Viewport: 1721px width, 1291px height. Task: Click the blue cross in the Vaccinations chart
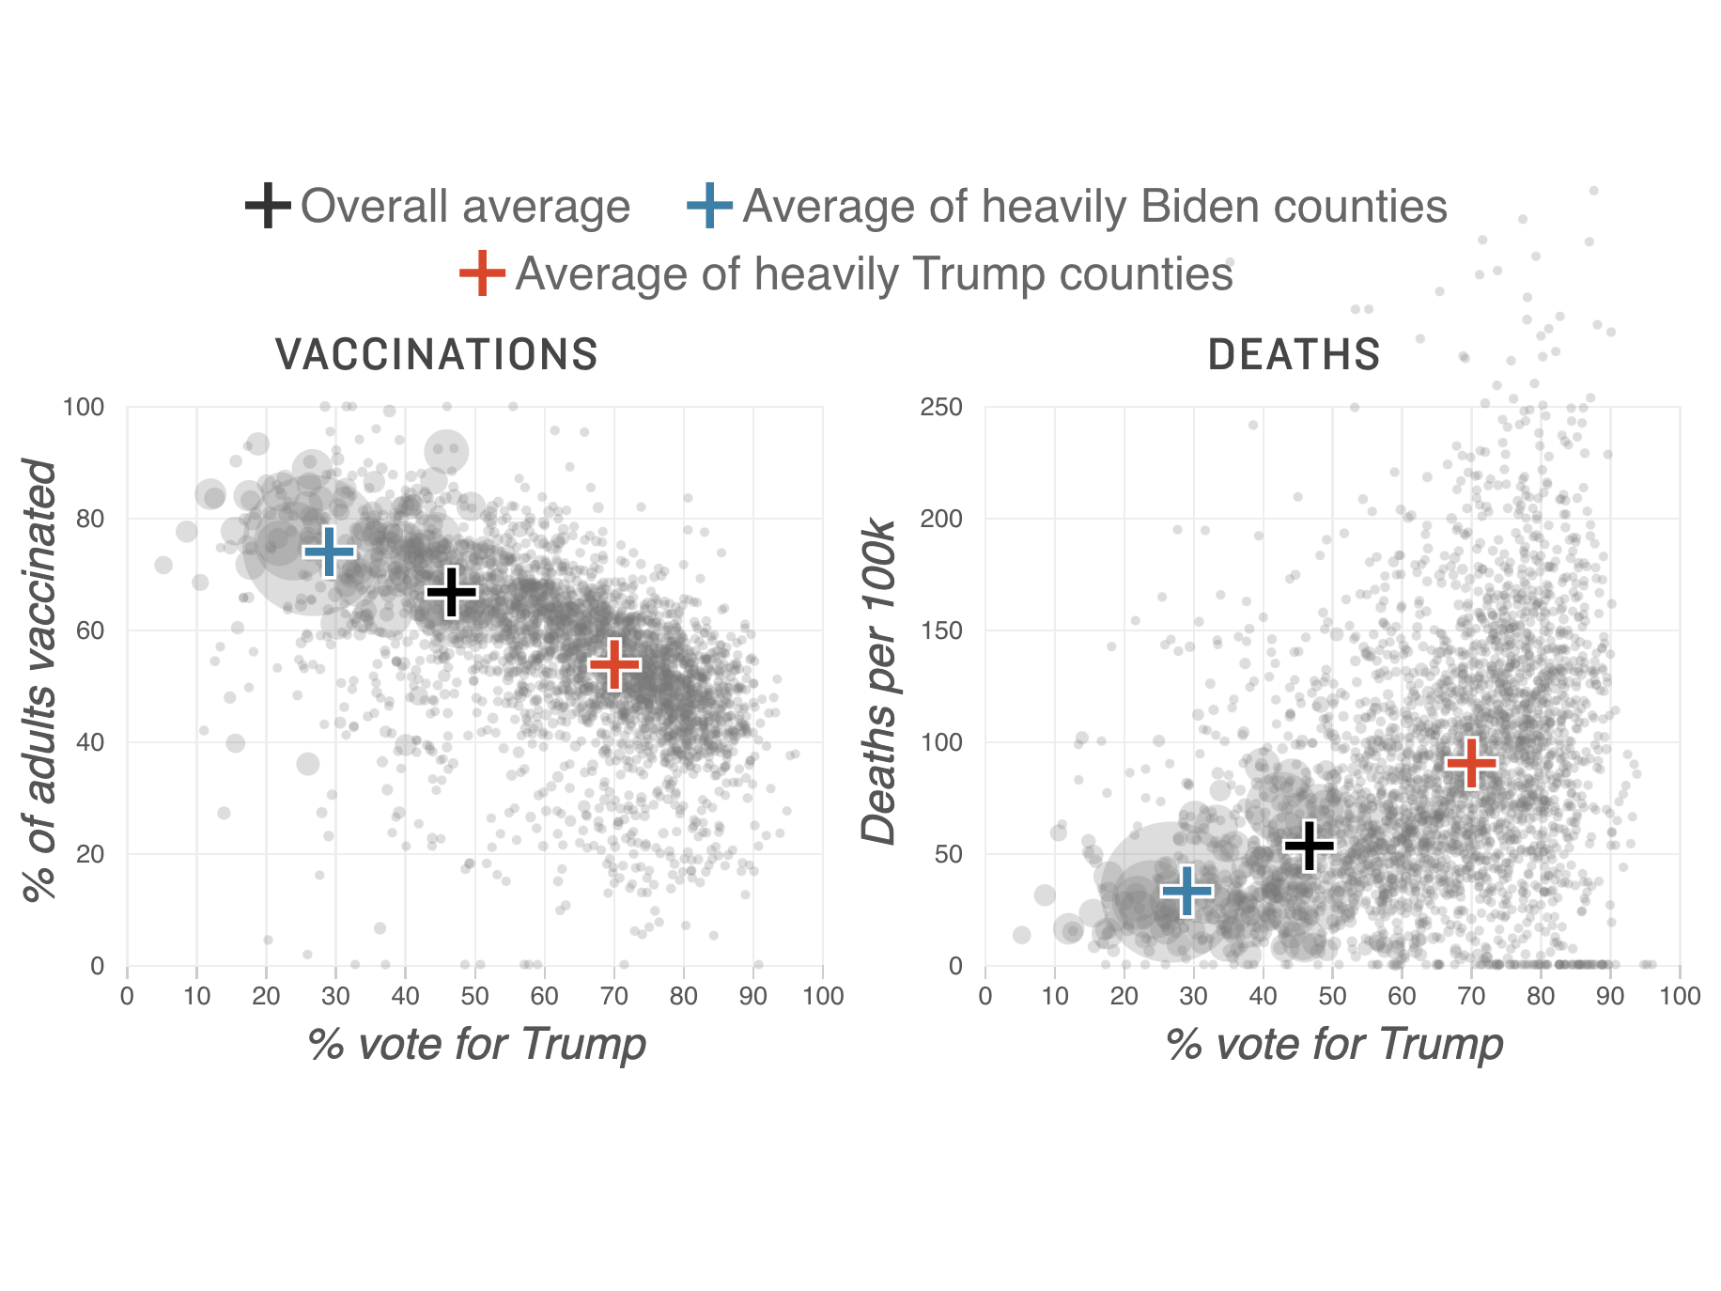point(329,552)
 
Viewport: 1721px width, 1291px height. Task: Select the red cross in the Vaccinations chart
point(614,664)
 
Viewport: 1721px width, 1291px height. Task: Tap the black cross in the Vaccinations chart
point(452,592)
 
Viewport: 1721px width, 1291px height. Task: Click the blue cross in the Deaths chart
point(1187,891)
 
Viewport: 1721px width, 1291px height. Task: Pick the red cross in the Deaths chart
point(1471,763)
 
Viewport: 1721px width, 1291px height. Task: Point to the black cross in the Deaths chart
point(1309,846)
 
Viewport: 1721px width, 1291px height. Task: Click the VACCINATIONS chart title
point(437,355)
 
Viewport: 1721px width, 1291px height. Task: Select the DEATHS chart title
point(1294,355)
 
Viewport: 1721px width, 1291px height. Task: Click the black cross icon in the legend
point(268,206)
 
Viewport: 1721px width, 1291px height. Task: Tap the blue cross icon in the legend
point(709,206)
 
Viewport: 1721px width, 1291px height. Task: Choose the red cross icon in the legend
point(482,273)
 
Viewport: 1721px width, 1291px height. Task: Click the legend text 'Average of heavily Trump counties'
point(874,274)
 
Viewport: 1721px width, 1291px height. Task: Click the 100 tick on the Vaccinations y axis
point(83,407)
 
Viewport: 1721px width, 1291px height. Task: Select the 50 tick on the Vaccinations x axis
point(474,996)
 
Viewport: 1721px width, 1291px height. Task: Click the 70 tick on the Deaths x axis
point(1471,996)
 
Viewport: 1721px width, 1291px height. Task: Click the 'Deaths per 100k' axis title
point(879,681)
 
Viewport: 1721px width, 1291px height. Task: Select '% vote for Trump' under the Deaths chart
point(1334,1044)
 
